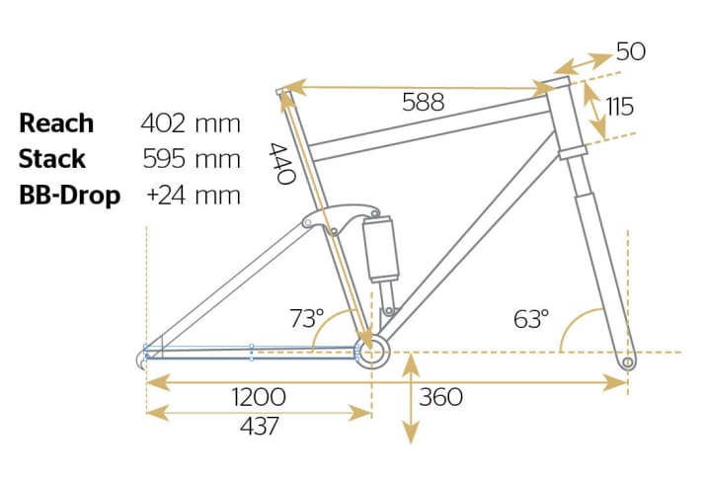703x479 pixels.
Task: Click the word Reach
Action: tap(56, 123)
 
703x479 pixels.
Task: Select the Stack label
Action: tap(52, 159)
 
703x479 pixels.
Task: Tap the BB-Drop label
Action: tap(69, 195)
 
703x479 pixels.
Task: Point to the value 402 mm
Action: tap(191, 123)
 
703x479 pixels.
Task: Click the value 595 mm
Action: tap(191, 159)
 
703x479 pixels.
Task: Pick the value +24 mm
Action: tap(194, 195)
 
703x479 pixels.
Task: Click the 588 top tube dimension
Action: tap(423, 102)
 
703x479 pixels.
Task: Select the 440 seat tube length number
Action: tap(282, 164)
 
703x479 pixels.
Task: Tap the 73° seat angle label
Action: tap(306, 319)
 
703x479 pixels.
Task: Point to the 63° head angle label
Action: tap(530, 319)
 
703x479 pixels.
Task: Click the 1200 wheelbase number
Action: tap(259, 397)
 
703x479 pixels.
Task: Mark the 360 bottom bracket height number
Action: tap(440, 397)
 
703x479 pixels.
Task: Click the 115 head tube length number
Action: tap(619, 107)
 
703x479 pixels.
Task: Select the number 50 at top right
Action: tap(631, 51)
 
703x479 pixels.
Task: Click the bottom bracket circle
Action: tap(371, 351)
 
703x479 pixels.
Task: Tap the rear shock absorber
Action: tap(381, 248)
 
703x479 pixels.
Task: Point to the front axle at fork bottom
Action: tap(627, 364)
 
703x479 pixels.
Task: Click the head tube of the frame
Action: tap(568, 119)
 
